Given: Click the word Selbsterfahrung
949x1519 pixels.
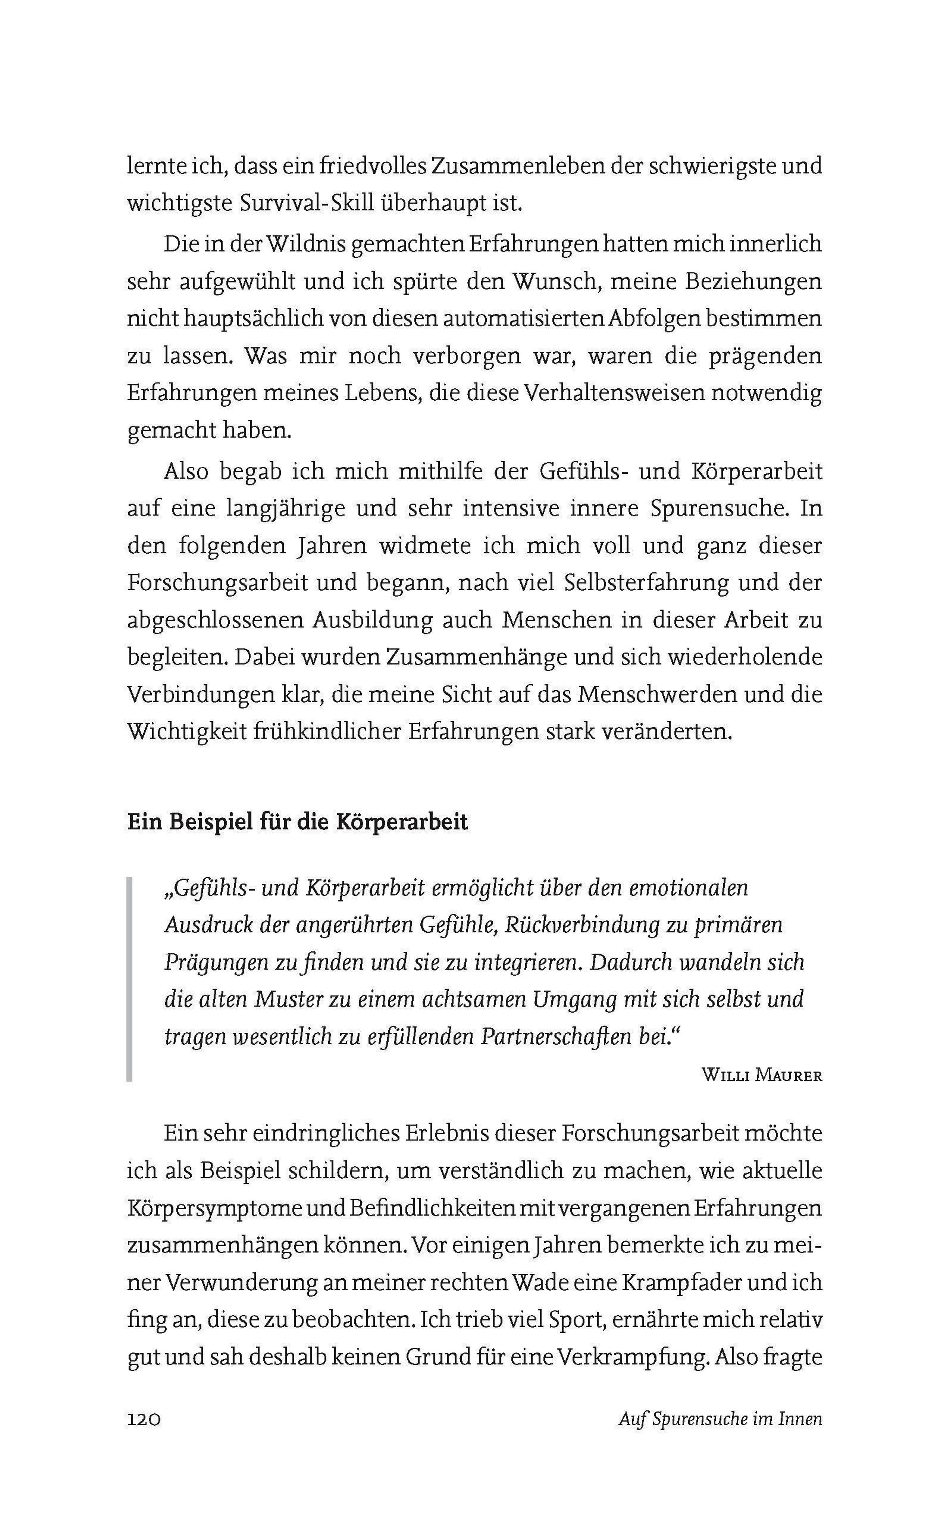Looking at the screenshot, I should pyautogui.click(x=647, y=583).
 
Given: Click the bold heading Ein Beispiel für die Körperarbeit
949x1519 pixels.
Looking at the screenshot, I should pyautogui.click(x=297, y=822).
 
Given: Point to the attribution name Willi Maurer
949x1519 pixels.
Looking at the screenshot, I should pyautogui.click(x=761, y=1075).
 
